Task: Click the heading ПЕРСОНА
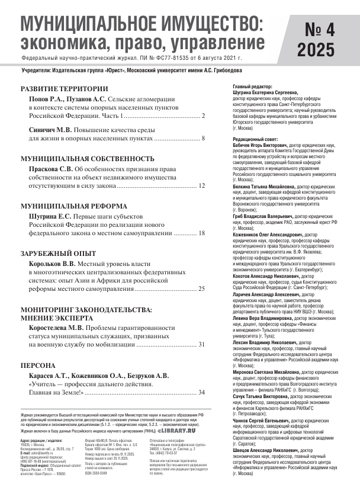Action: (x=38, y=366)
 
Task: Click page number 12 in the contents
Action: (x=201, y=186)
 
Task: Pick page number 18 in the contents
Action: (x=201, y=233)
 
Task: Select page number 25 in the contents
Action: (x=201, y=289)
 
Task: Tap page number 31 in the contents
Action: (x=201, y=344)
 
